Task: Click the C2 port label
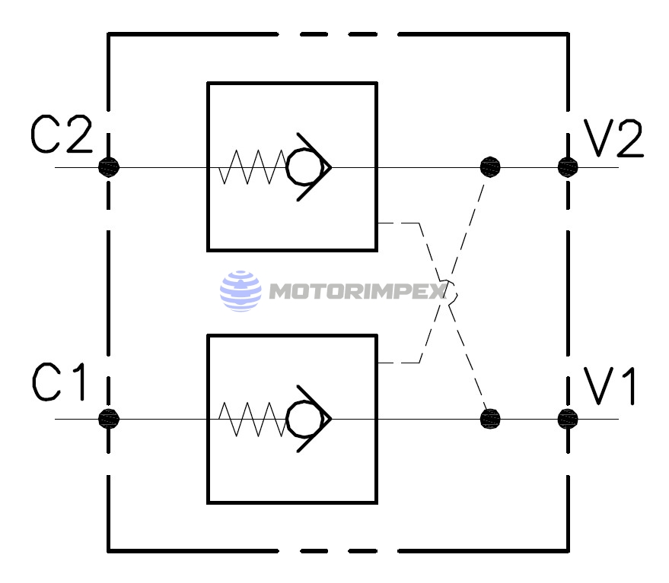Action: (x=61, y=135)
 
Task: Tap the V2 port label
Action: (x=613, y=138)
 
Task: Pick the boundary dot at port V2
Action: (x=568, y=166)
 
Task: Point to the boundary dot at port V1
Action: (x=568, y=417)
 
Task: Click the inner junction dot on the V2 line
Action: (x=491, y=166)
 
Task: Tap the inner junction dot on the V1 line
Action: (x=491, y=417)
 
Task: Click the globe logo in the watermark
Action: (x=240, y=291)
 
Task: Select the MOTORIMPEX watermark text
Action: (x=358, y=292)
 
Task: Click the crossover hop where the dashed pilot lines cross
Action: (x=449, y=292)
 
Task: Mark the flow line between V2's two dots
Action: (x=529, y=166)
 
